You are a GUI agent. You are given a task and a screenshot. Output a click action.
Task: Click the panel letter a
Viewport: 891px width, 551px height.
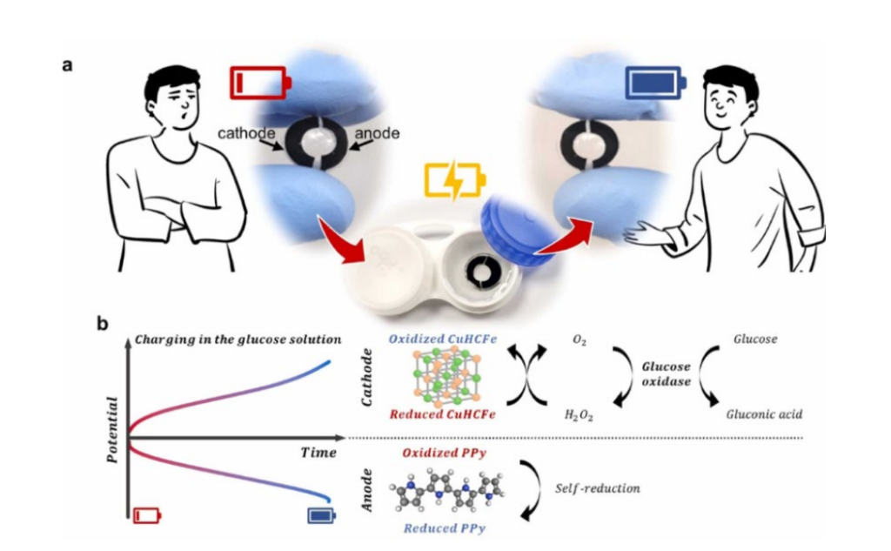click(x=68, y=65)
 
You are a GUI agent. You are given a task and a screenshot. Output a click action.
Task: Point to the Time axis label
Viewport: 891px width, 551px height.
click(x=318, y=453)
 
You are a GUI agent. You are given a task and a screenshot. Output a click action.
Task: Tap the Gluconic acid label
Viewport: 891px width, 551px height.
click(x=762, y=414)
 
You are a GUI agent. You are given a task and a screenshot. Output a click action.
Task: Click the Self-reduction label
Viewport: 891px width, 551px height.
click(x=597, y=488)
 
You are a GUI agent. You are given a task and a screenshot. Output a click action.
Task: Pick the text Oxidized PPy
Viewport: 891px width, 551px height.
click(x=444, y=453)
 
